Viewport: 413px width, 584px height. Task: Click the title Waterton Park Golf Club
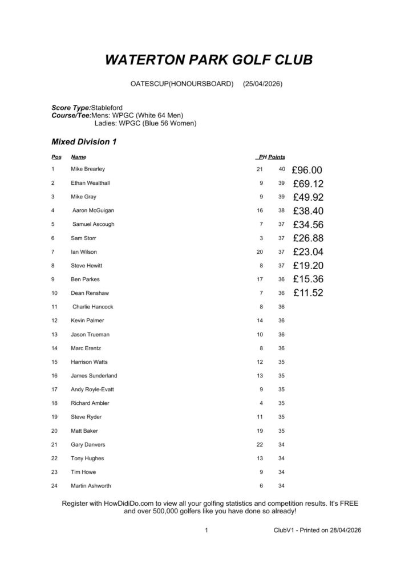coord(209,60)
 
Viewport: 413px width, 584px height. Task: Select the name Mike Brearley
coord(88,169)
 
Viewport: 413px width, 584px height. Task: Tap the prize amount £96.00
coord(307,170)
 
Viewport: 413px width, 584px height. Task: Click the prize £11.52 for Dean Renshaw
coord(308,293)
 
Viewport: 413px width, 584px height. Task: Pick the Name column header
coord(78,156)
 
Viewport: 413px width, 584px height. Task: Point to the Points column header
coord(277,156)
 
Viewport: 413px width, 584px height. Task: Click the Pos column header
coord(56,156)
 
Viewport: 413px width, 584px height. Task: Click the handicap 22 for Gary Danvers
coord(260,444)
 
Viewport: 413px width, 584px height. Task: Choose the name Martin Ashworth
coord(91,486)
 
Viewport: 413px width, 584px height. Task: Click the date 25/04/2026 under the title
coord(262,84)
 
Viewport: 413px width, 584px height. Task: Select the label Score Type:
coord(71,108)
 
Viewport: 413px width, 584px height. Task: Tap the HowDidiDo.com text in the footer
coord(129,504)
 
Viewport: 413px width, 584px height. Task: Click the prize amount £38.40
coord(308,211)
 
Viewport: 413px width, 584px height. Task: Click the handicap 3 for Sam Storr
coord(261,238)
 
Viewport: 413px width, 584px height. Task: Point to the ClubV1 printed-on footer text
coord(317,530)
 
